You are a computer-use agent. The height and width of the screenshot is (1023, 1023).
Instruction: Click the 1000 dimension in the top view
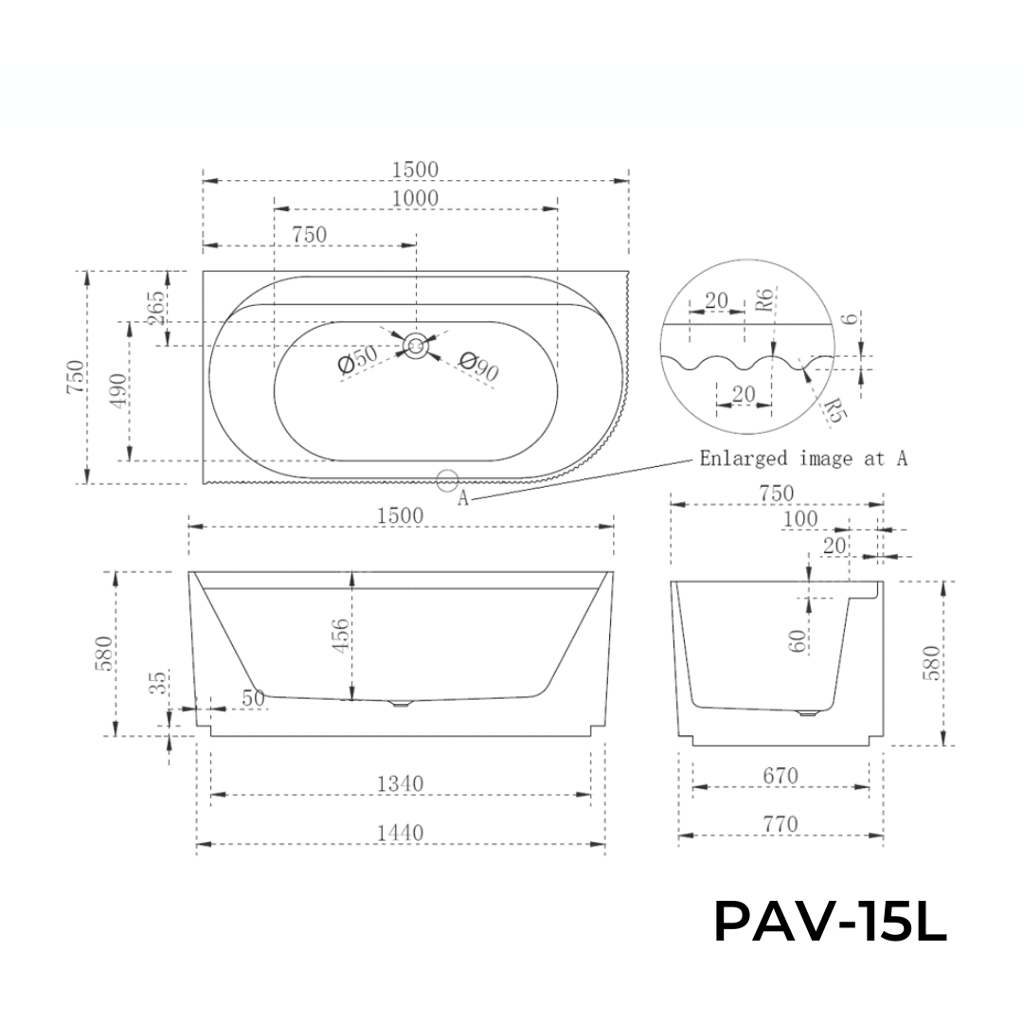pyautogui.click(x=415, y=198)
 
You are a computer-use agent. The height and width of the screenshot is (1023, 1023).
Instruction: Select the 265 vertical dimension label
pyautogui.click(x=157, y=307)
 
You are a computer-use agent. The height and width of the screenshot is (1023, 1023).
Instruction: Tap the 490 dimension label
pyautogui.click(x=118, y=390)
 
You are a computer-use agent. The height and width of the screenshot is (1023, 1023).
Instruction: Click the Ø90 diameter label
pyautogui.click(x=479, y=366)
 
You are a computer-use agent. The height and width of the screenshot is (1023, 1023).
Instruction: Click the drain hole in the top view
pyautogui.click(x=415, y=346)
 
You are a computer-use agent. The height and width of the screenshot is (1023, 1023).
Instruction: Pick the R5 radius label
pyautogui.click(x=831, y=407)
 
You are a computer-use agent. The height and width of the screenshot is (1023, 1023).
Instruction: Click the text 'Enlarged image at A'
pyautogui.click(x=803, y=458)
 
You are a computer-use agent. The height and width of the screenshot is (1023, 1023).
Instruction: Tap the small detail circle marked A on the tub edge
pyautogui.click(x=448, y=480)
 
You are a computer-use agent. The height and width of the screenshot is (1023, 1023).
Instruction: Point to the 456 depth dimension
pyautogui.click(x=341, y=636)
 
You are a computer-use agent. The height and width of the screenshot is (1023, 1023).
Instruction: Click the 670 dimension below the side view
pyautogui.click(x=780, y=776)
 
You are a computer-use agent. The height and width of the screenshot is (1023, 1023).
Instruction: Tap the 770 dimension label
pyautogui.click(x=780, y=824)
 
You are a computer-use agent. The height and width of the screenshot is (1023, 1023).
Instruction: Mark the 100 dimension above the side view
pyautogui.click(x=799, y=519)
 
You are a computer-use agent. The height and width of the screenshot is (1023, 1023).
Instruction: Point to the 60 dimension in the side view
pyautogui.click(x=797, y=640)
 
